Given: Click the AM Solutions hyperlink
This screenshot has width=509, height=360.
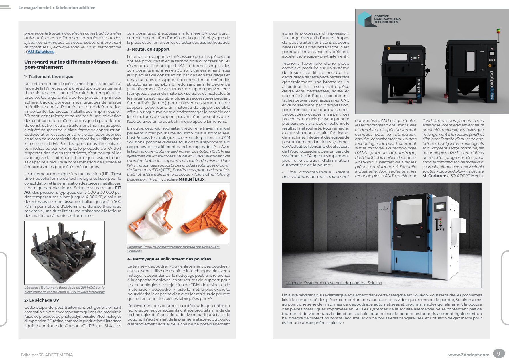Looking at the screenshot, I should point(41,52).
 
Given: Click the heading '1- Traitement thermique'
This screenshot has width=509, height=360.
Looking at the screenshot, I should point(49,76).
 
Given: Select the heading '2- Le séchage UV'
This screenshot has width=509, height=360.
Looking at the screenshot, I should point(42,300).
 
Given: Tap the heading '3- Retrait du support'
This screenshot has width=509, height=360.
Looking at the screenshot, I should point(148,49).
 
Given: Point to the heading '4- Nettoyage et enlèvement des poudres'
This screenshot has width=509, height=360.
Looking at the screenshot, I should point(169,259).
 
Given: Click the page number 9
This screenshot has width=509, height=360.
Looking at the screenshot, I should point(498,354).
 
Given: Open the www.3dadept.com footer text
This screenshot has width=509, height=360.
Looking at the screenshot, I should point(469,355).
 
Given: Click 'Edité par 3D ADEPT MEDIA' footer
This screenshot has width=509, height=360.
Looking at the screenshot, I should point(47,355).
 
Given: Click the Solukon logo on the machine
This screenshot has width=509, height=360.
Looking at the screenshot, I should point(384,209).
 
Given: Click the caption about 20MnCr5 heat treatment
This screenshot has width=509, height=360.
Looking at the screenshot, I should point(64,290).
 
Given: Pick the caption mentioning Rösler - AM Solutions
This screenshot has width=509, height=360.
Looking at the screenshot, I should point(173,249).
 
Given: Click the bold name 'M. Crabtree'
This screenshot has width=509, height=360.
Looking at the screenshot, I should point(434,176).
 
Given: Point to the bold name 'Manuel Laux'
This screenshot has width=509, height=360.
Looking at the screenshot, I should point(192,179).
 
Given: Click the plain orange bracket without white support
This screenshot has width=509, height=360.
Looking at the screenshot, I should point(204,216).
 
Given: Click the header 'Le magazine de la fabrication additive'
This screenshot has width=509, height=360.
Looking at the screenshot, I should point(57,8).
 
